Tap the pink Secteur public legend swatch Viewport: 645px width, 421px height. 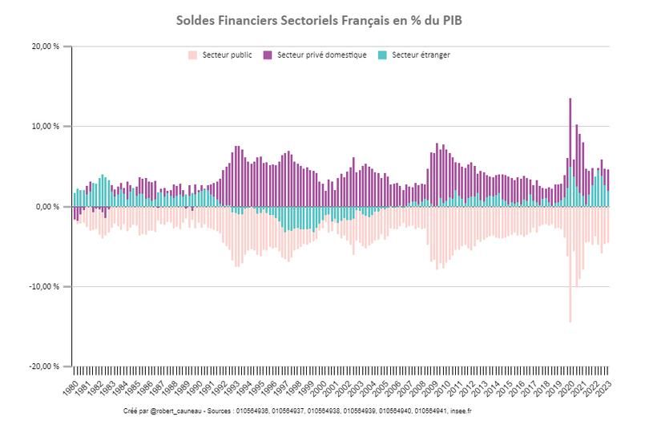click(192, 55)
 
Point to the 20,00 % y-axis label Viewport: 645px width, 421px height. click(46, 47)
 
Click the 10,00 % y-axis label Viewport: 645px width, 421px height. click(46, 127)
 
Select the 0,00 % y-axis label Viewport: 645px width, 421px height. click(47, 207)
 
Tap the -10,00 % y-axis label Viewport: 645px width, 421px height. click(45, 286)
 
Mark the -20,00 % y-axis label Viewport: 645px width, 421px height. click(45, 366)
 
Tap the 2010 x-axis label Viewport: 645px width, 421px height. click(444, 388)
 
